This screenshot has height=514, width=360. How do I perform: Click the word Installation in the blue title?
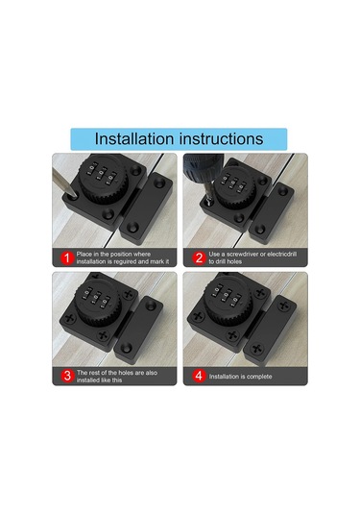click(x=135, y=139)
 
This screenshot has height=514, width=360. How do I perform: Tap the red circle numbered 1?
click(x=67, y=258)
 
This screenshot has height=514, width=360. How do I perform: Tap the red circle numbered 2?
click(x=199, y=258)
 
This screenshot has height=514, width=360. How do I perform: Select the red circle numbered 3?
click(x=67, y=376)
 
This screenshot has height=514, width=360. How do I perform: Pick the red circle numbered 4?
click(x=199, y=376)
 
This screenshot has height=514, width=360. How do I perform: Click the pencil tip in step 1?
click(x=74, y=196)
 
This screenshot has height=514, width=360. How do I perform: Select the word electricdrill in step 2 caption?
click(x=282, y=254)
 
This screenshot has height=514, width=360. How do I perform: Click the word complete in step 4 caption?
click(x=258, y=377)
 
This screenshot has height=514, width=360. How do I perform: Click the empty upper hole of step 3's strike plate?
click(x=151, y=306)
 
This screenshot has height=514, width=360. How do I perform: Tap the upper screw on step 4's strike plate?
click(x=283, y=306)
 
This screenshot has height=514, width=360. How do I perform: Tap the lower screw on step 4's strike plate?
click(x=257, y=349)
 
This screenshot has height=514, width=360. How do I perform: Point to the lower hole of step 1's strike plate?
click(x=133, y=226)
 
